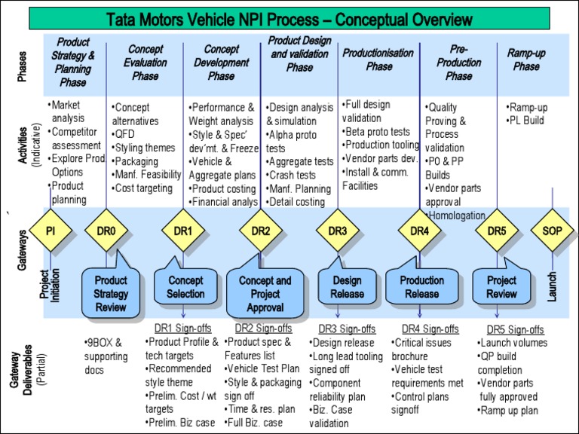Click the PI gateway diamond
[x=51, y=231]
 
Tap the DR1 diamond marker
[x=184, y=231]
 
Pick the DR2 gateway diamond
[x=261, y=231]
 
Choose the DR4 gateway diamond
[x=420, y=231]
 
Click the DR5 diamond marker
[x=497, y=231]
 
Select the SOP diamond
[x=552, y=231]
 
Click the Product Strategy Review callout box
[x=111, y=287]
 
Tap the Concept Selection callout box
[x=185, y=287]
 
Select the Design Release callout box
[x=347, y=287]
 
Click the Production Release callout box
[x=422, y=287]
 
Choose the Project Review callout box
[x=501, y=287]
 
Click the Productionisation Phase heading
[x=378, y=60]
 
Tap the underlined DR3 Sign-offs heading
[x=347, y=329]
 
